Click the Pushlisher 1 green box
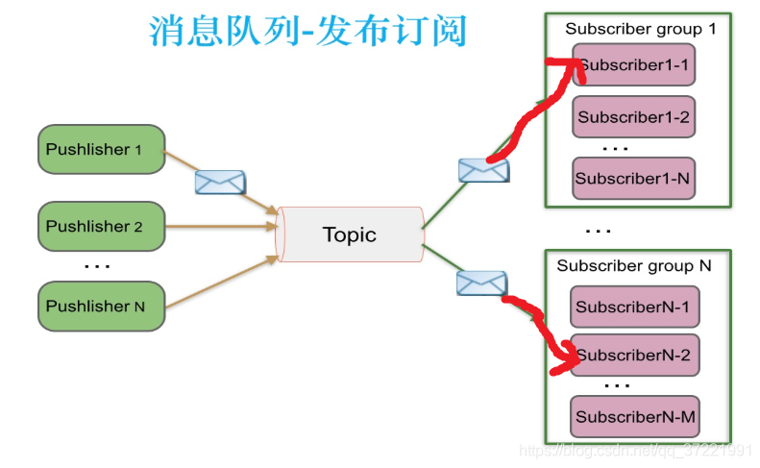tap(101, 149)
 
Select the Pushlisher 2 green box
tap(101, 227)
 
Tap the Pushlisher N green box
tap(101, 306)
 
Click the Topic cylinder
tap(350, 234)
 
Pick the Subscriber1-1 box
tap(634, 65)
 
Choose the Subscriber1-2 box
tap(634, 117)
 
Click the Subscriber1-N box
tap(634, 178)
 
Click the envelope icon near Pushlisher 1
tap(220, 182)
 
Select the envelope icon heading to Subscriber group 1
tap(483, 170)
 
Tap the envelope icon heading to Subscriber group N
tap(480, 283)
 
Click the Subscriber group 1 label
tap(640, 29)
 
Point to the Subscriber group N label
tap(634, 266)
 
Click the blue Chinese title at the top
tap(307, 31)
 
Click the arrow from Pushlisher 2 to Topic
tap(221, 227)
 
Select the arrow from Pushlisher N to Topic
tap(221, 283)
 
